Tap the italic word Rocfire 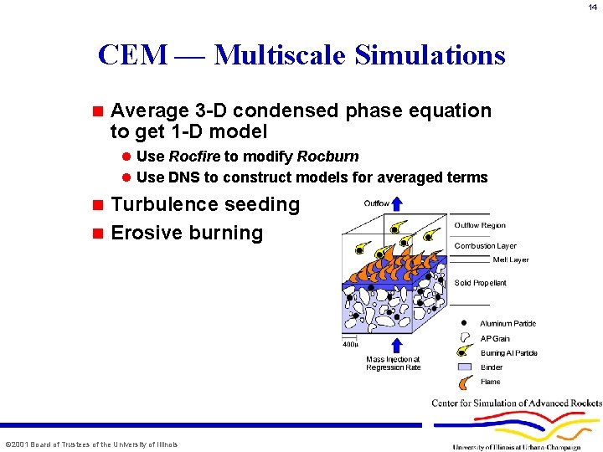194,157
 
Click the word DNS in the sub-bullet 183,177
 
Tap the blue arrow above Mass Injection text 396,344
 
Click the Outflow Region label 480,225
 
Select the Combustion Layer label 485,246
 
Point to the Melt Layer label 510,260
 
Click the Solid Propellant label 480,283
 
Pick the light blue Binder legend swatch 465,367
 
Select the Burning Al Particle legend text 508,353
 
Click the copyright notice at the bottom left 91,444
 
